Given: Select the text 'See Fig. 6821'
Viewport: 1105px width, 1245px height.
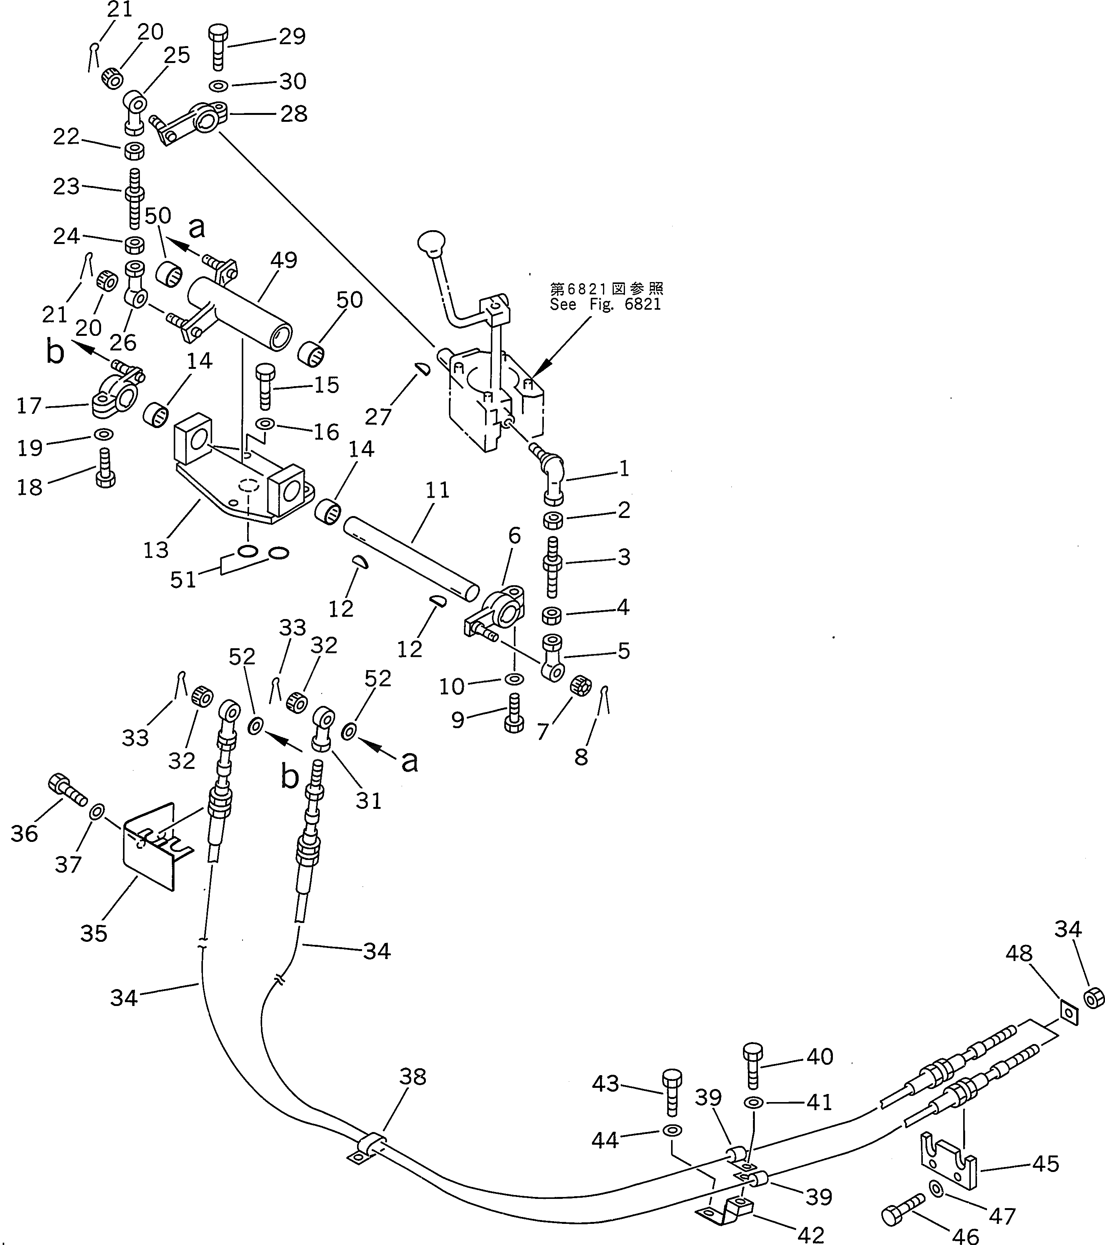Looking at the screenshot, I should pyautogui.click(x=605, y=305).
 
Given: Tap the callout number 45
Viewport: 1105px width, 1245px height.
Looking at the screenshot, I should pyautogui.click(x=1045, y=1164).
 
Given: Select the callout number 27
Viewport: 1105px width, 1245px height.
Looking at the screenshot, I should pyautogui.click(x=378, y=417).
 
